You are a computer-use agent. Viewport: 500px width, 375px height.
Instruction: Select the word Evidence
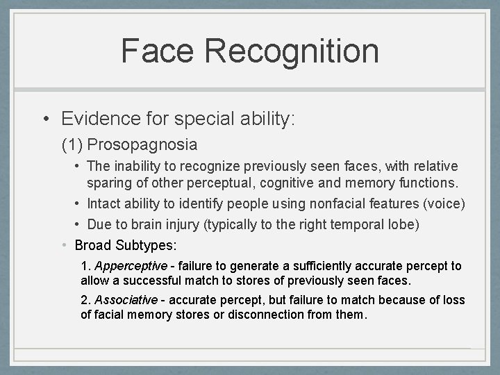pyautogui.click(x=90, y=118)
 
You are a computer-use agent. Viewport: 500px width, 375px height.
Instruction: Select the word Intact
pyautogui.click(x=104, y=203)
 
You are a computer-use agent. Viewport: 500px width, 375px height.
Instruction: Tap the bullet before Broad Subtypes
pyautogui.click(x=64, y=245)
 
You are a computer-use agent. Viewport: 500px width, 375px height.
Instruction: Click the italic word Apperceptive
pyautogui.click(x=131, y=266)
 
